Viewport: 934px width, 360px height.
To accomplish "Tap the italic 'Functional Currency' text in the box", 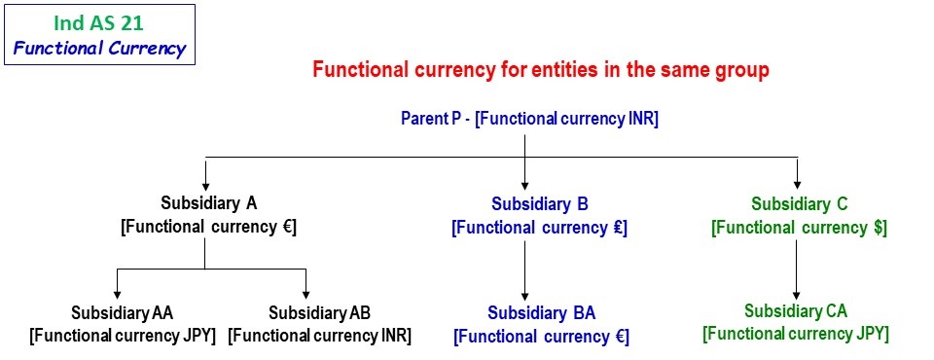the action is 99,49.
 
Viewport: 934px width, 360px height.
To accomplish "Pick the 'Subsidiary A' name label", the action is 209,203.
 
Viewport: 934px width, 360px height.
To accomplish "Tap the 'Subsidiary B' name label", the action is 540,203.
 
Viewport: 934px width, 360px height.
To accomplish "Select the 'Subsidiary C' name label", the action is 799,203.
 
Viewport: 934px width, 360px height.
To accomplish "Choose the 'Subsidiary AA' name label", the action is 122,312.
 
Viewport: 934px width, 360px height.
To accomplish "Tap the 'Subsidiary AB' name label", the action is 319,312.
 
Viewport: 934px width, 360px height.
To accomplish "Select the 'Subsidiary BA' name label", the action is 542,312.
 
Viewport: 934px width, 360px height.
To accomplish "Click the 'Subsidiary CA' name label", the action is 796,311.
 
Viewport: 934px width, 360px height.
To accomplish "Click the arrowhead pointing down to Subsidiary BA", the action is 524,295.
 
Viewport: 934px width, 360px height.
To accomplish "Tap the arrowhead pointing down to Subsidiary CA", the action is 797,295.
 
